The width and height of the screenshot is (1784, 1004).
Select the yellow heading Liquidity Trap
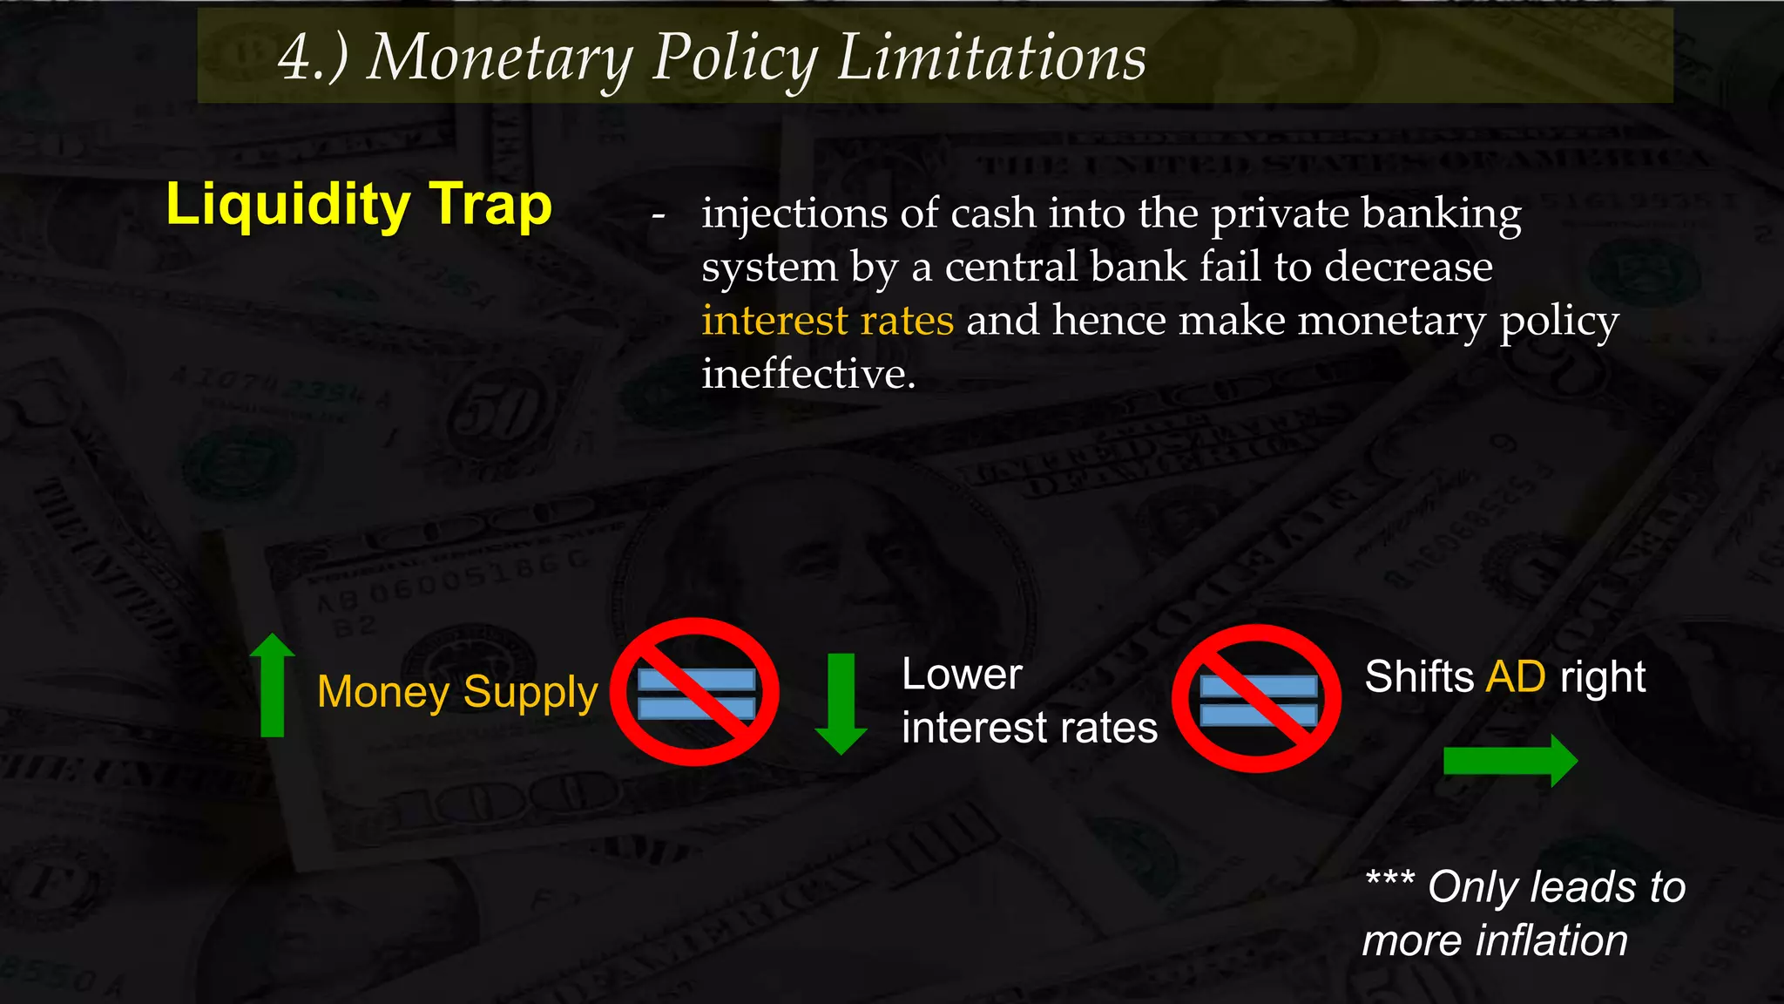pyautogui.click(x=359, y=205)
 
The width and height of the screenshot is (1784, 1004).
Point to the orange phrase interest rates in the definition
pyautogui.click(x=828, y=320)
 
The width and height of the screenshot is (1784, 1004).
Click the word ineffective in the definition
pyautogui.click(x=808, y=374)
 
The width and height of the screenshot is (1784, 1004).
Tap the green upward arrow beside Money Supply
pyautogui.click(x=273, y=685)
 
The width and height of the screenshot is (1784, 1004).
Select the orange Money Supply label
pyautogui.click(x=457, y=692)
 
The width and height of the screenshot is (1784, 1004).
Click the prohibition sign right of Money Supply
pyautogui.click(x=695, y=692)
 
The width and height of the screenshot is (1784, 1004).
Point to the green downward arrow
pyautogui.click(x=841, y=703)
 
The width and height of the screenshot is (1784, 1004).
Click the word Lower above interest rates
pyautogui.click(x=962, y=675)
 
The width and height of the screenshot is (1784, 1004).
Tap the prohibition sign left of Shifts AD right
pyautogui.click(x=1256, y=698)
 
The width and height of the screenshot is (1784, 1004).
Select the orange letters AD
pyautogui.click(x=1516, y=676)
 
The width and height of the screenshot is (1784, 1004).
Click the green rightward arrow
pyautogui.click(x=1510, y=761)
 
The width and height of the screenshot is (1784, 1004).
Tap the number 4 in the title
pyautogui.click(x=295, y=58)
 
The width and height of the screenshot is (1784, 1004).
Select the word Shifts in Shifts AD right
pyautogui.click(x=1418, y=676)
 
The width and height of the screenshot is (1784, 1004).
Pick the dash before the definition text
pyautogui.click(x=659, y=216)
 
